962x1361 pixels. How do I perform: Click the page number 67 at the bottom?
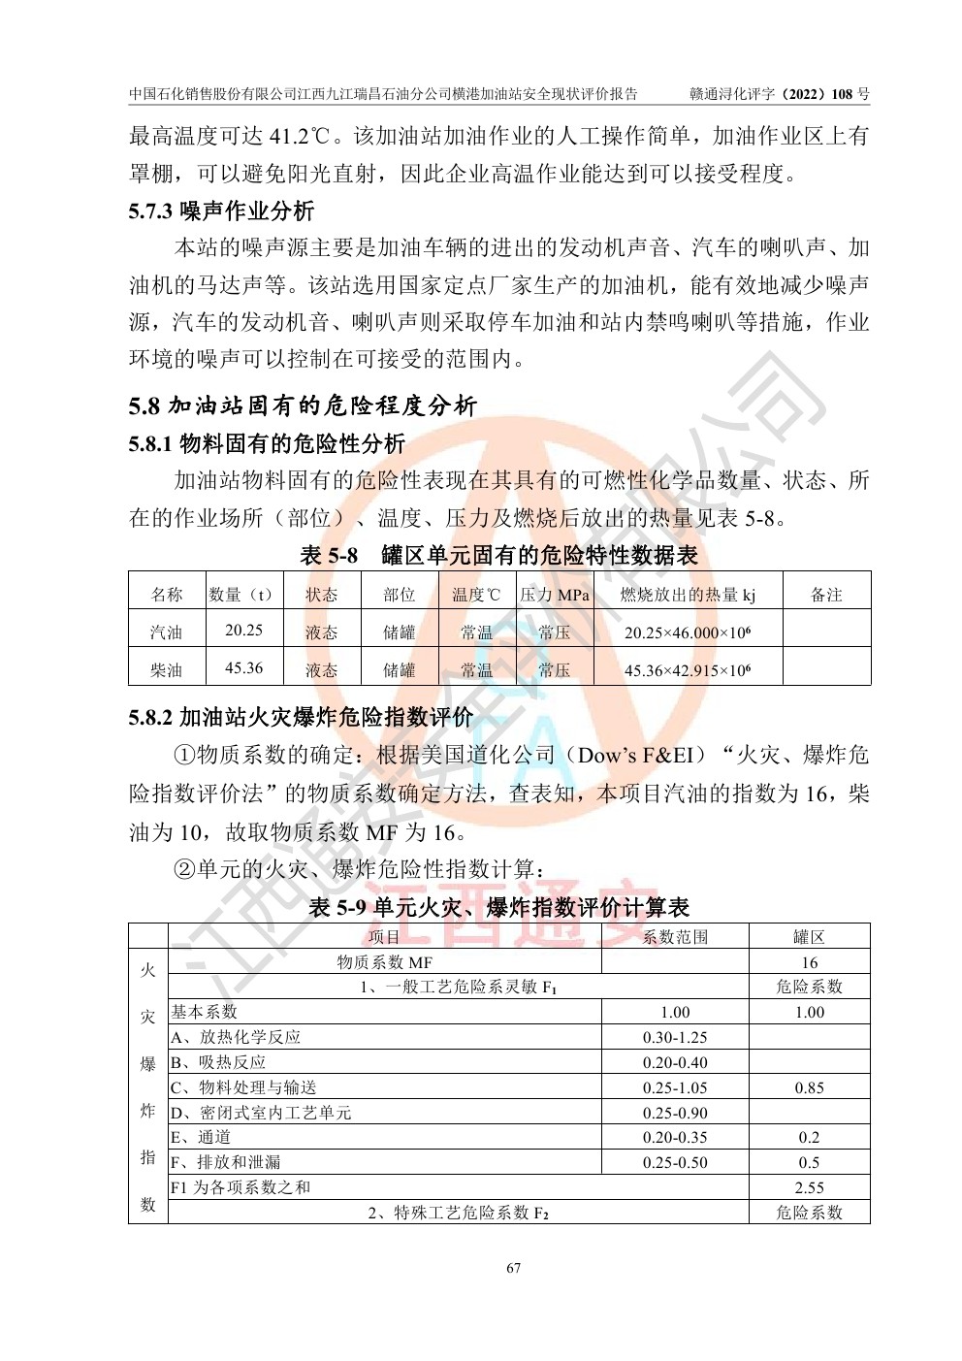coord(514,1268)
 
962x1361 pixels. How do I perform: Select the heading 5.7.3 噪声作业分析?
coord(221,211)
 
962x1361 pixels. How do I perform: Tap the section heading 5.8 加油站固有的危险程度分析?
coord(303,405)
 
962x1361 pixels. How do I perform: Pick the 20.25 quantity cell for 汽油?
coord(243,631)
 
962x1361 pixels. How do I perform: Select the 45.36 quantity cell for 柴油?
coord(243,668)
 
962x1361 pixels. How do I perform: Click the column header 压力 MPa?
coord(554,595)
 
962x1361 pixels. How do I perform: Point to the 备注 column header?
coord(826,595)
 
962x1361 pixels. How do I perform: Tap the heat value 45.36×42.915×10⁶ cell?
coord(687,670)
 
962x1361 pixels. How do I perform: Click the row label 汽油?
coord(166,632)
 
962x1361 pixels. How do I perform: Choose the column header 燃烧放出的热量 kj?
coord(687,595)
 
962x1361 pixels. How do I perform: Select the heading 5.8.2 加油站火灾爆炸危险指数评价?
coord(301,718)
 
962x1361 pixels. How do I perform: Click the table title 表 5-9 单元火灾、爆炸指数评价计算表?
coord(498,908)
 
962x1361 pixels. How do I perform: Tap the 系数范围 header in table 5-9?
coord(675,937)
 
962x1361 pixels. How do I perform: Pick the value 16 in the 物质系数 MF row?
coord(809,962)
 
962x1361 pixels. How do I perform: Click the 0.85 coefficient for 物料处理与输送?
coord(809,1087)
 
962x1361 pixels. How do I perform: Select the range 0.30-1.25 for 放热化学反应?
coord(675,1037)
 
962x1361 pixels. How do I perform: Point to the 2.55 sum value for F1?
coord(809,1187)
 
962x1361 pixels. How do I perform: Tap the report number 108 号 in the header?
coord(850,94)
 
